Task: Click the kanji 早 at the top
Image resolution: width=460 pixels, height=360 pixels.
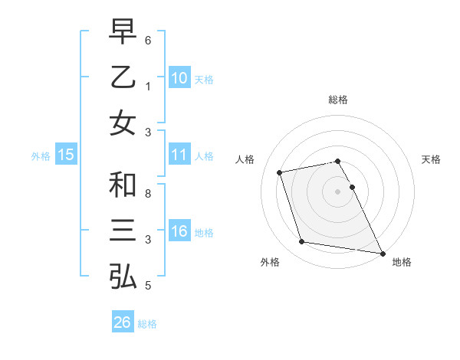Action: [x=123, y=34]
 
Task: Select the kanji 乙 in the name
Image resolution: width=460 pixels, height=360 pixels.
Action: [x=123, y=78]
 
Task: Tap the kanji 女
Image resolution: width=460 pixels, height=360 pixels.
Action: [x=123, y=123]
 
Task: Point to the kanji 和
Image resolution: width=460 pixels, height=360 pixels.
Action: [x=123, y=185]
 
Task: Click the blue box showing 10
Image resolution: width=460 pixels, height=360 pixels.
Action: [x=179, y=78]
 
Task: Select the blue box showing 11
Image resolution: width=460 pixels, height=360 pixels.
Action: [x=179, y=155]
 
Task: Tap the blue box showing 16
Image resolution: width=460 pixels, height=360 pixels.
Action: [x=179, y=231]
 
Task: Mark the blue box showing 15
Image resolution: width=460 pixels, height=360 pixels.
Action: [x=66, y=155]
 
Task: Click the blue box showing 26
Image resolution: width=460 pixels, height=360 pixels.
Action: [x=122, y=322]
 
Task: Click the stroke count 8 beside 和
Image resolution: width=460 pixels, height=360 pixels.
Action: [x=147, y=193]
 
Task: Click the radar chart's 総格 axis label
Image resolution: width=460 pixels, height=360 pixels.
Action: [x=338, y=100]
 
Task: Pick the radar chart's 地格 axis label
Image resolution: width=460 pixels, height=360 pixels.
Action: [x=402, y=262]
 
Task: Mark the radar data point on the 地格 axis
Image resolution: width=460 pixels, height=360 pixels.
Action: [x=382, y=252]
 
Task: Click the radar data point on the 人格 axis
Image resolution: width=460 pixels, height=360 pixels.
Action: [x=280, y=172]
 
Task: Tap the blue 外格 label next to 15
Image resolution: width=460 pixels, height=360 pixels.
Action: [x=41, y=155]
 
